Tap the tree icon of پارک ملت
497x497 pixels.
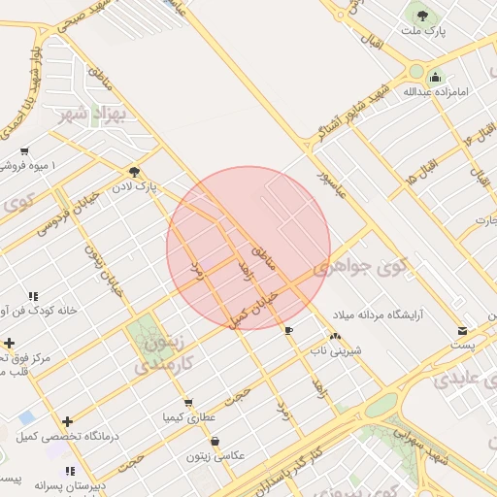pos(422,16)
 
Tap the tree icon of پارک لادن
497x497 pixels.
pos(134,171)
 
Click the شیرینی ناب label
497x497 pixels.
pos(336,350)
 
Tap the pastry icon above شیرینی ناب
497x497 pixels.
pos(335,337)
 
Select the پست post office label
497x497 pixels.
pos(462,345)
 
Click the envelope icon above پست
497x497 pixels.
pos(462,330)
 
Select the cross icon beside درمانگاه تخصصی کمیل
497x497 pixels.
pos(67,421)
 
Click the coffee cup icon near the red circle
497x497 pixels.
pos(288,331)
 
